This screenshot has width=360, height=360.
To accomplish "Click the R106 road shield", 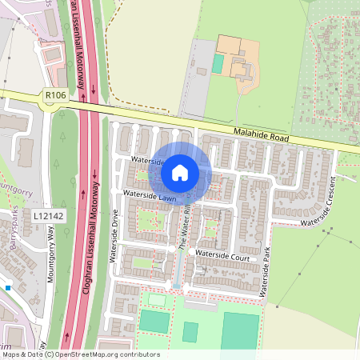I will [x=54, y=95].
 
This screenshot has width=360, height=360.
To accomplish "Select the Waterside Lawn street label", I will [x=150, y=197].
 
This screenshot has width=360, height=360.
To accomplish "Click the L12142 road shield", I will [x=48, y=216].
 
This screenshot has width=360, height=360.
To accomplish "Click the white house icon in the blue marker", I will [x=180, y=172].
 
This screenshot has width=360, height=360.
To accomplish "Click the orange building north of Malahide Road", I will [x=237, y=56].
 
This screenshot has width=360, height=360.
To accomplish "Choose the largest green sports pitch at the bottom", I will [x=240, y=330].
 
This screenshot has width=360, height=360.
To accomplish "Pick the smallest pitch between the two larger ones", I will [x=190, y=331].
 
